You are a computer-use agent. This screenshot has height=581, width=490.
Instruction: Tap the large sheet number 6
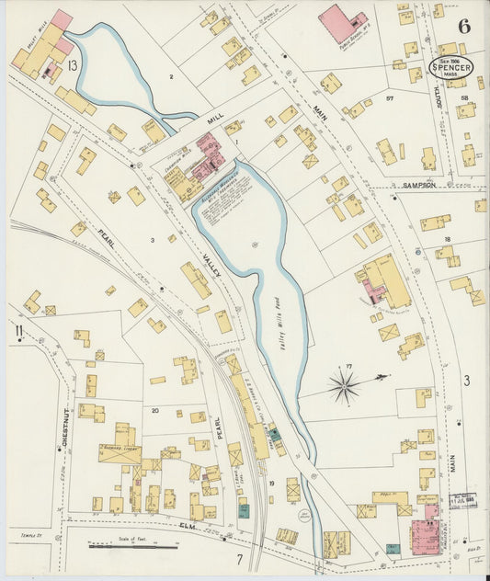click(464, 23)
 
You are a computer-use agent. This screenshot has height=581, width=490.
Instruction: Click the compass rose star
click(345, 385)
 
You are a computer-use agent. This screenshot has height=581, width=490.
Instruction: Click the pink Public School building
click(340, 23)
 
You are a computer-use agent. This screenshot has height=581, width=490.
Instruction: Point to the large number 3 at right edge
click(466, 379)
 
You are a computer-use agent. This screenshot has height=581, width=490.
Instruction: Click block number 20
click(154, 410)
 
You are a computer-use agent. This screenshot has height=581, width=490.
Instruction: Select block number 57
click(390, 97)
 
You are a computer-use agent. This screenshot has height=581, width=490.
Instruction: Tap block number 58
click(465, 97)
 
